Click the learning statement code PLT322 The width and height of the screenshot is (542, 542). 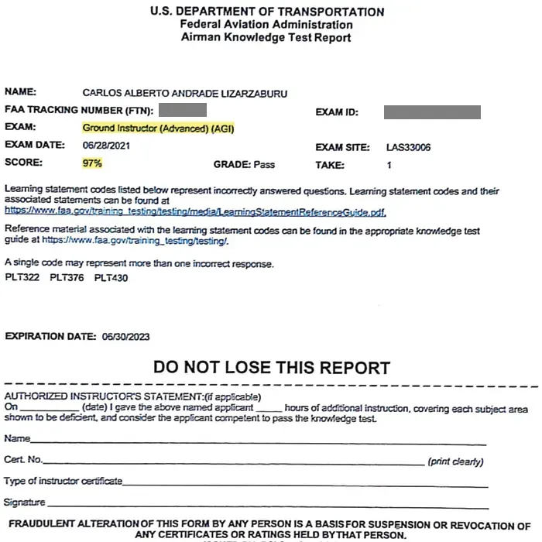21,278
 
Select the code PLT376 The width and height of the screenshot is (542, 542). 66,278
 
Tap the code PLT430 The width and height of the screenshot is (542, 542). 111,278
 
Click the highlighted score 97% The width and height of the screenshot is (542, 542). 92,163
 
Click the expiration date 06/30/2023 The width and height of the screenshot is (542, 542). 125,337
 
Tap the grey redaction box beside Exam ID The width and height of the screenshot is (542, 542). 431,112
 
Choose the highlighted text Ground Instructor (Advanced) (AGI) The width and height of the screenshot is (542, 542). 159,128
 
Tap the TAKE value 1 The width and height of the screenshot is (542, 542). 389,165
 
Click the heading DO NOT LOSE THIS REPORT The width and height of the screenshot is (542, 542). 271,367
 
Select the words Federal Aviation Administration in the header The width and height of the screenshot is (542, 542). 266,25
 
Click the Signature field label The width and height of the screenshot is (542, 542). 24,503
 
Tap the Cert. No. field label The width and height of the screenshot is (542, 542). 24,460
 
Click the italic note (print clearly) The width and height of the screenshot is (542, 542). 455,462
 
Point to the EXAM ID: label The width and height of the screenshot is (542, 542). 337,113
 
